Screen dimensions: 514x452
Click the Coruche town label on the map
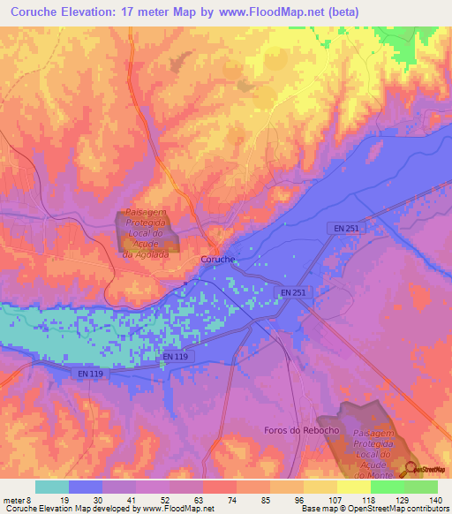[x=216, y=260]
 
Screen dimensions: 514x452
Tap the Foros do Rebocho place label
[x=301, y=430]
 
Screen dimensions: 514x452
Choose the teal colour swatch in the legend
[x=52, y=487]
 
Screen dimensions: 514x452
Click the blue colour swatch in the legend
[x=86, y=487]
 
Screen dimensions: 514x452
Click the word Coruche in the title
[x=41, y=11]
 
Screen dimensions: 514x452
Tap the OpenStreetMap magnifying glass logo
[x=411, y=469]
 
